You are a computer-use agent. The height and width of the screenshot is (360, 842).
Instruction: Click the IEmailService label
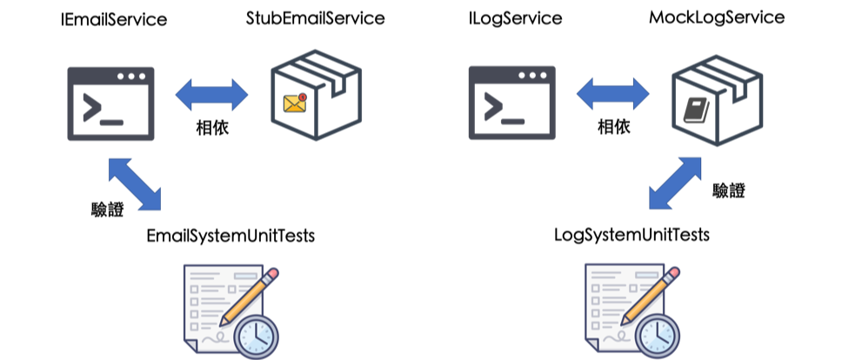[x=113, y=20]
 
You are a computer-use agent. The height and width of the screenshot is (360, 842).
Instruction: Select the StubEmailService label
[x=315, y=18]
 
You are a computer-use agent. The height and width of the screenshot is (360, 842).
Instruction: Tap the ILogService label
[x=514, y=18]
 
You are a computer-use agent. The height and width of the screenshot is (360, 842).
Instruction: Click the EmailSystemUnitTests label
[x=231, y=237]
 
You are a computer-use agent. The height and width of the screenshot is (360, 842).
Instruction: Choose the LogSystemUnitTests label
[x=631, y=236]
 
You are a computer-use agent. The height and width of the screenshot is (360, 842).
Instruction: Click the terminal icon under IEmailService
[x=111, y=103]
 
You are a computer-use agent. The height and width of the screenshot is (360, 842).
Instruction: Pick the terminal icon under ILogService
[x=512, y=103]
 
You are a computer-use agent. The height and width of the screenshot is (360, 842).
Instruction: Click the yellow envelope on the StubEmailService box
[x=296, y=103]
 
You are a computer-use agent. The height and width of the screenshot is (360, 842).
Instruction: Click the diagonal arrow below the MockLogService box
[x=678, y=183]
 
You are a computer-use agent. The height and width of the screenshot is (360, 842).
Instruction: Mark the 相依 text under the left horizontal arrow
[x=213, y=127]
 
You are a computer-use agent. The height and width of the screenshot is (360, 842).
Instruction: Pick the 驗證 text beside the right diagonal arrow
[x=728, y=190]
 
